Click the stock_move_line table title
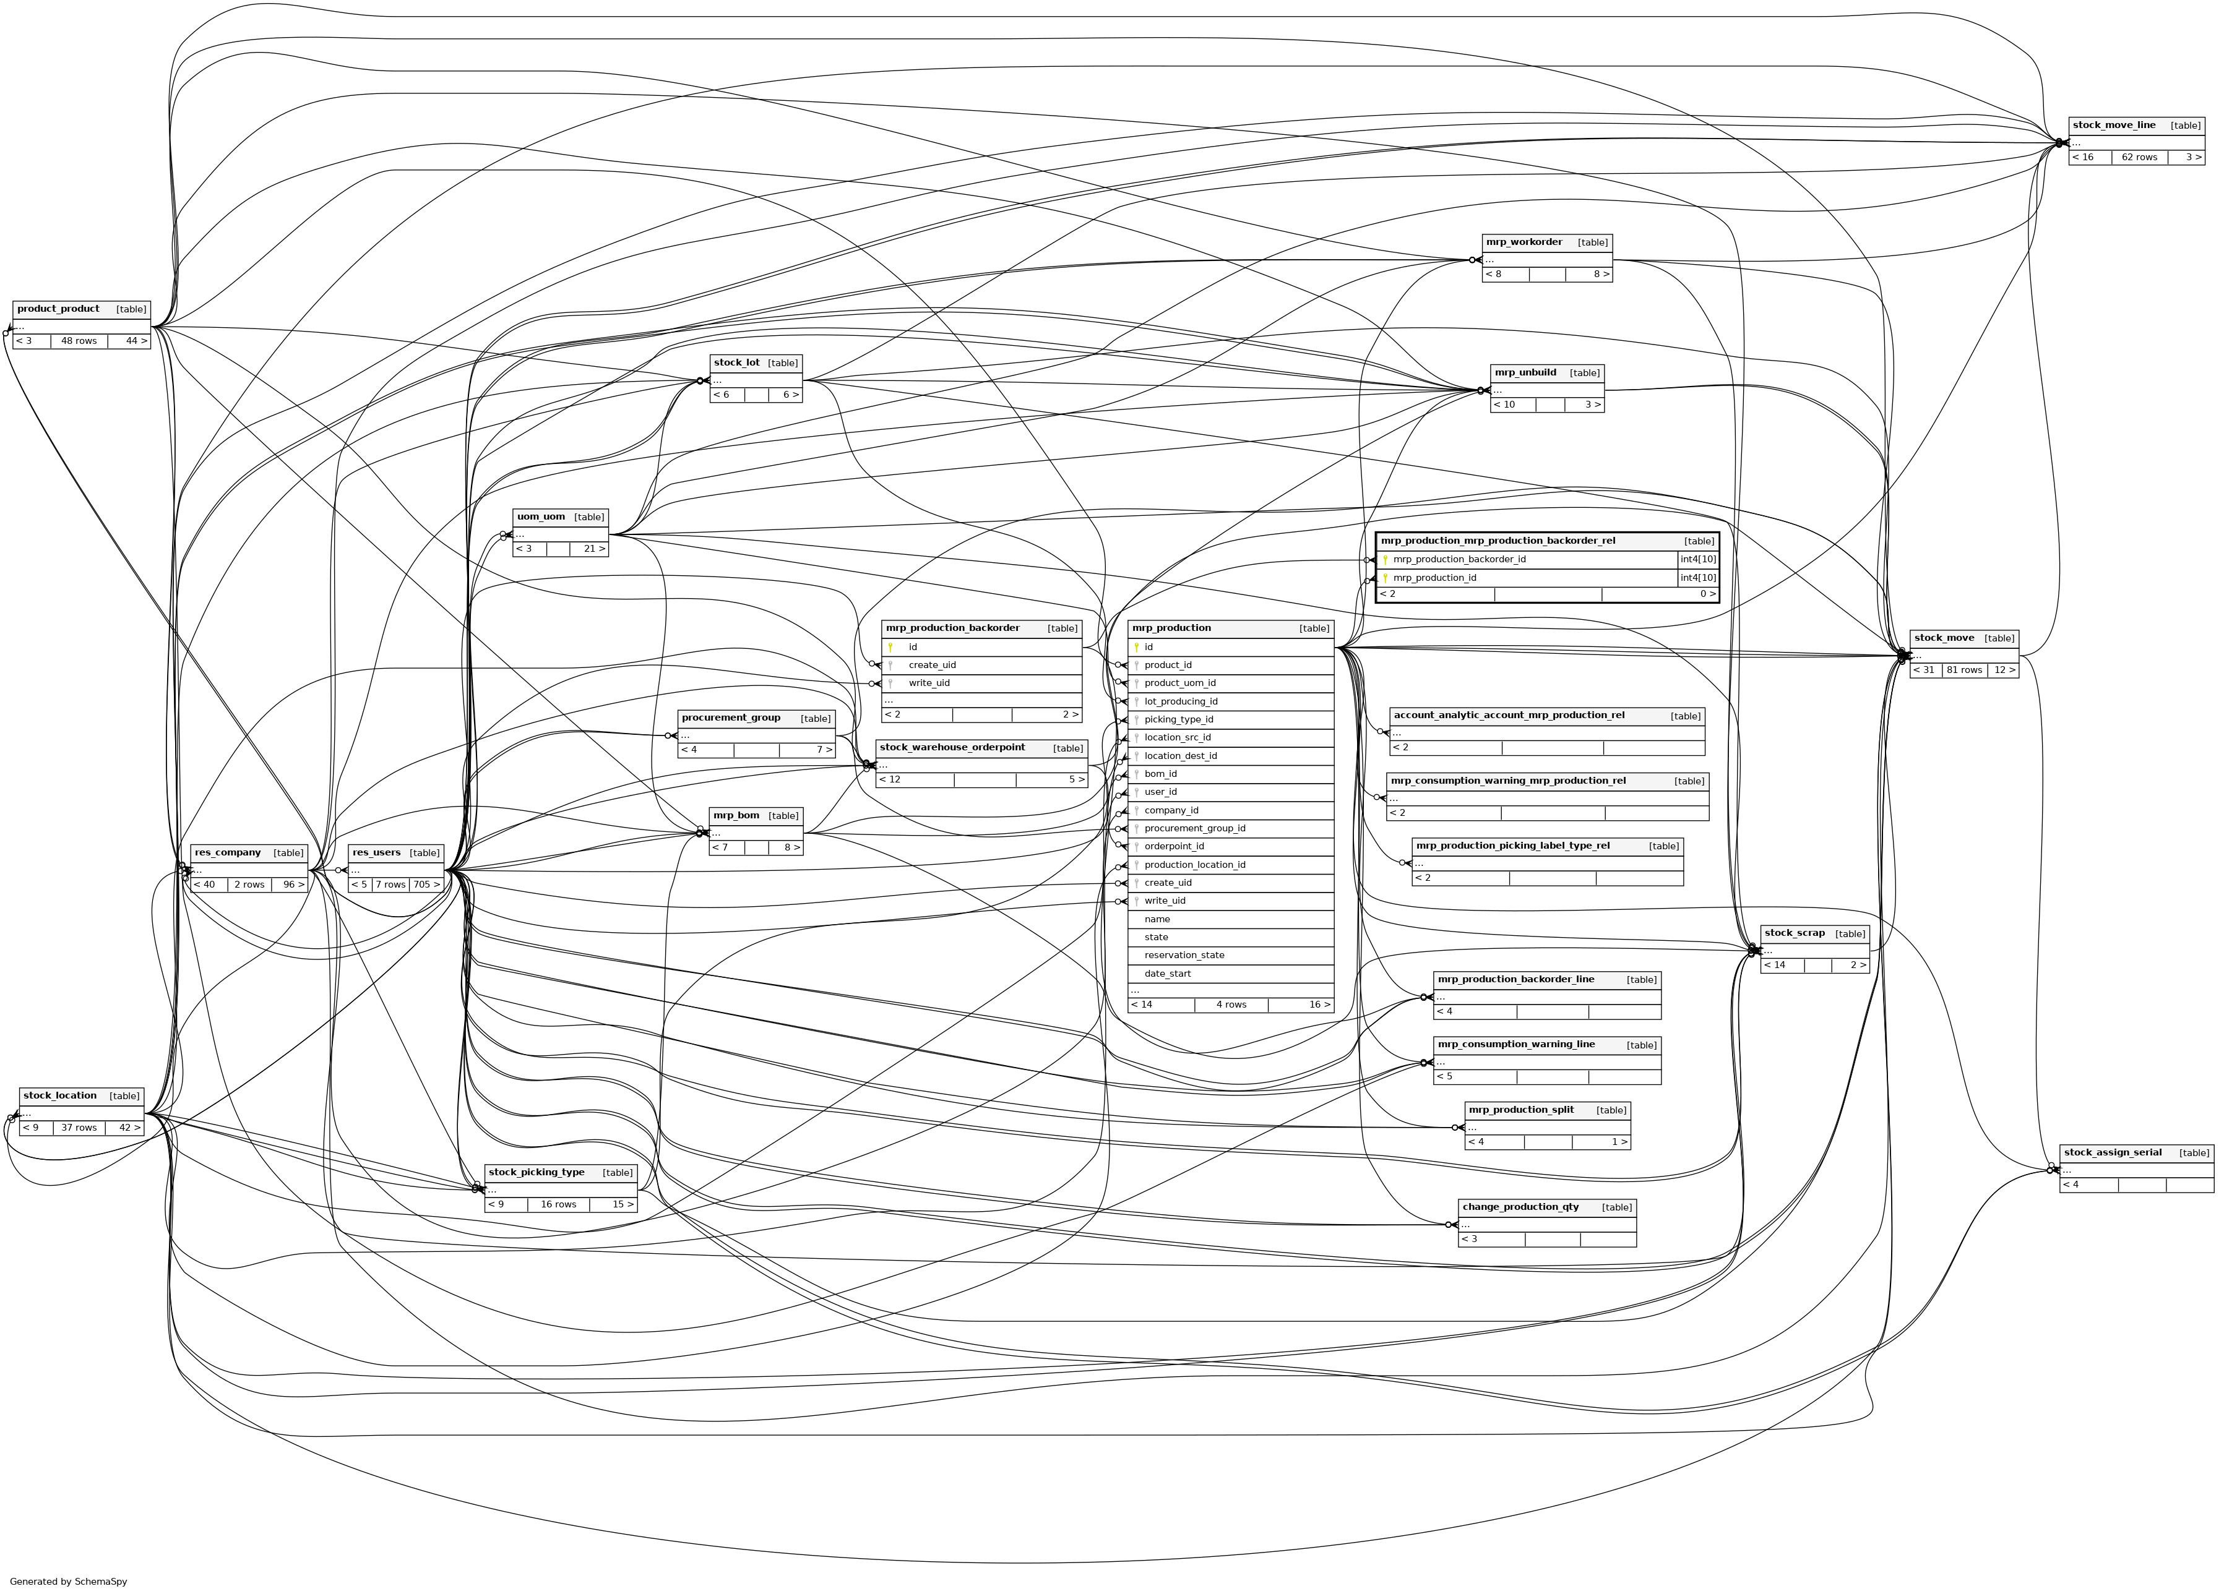(x=2113, y=126)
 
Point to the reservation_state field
(x=1184, y=955)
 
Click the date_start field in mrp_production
(x=1167, y=974)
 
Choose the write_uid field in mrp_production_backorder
(x=929, y=683)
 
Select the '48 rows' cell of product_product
(x=79, y=341)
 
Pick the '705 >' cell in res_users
(x=426, y=885)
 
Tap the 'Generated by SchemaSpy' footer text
(x=69, y=1581)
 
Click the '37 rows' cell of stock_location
(x=79, y=1128)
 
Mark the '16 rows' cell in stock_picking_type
(x=558, y=1205)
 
